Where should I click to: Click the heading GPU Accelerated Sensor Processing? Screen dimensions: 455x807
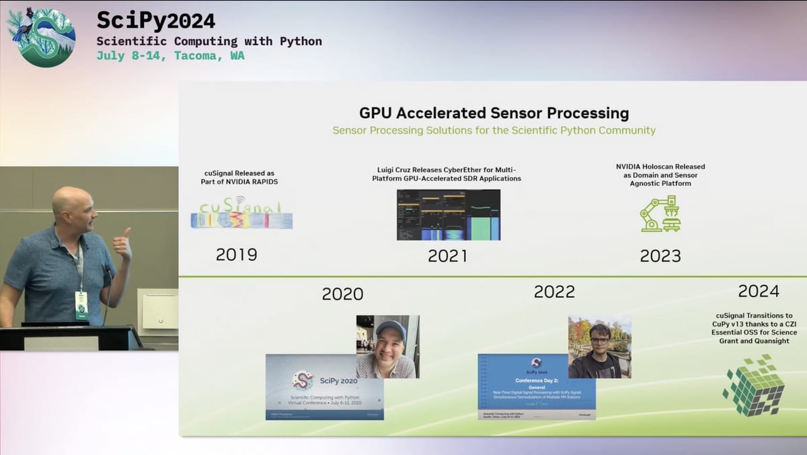494,112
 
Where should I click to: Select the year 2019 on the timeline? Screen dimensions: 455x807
236,255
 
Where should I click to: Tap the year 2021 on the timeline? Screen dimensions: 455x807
447,255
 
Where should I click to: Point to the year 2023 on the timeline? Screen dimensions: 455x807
660,255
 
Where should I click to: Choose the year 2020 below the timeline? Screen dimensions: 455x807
342,294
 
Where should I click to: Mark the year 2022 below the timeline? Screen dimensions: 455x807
554,291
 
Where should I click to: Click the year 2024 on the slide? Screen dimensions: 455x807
758,291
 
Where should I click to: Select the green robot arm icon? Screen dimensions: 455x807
659,214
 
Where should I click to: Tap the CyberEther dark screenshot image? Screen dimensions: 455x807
448,214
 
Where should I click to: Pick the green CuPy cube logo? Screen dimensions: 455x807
754,385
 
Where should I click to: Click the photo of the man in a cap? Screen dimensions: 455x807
387,346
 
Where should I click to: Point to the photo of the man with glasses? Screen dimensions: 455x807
599,347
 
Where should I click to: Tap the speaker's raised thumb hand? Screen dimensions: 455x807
122,244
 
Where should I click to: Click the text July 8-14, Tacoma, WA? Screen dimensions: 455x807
170,56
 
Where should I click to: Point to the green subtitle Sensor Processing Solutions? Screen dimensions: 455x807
494,130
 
